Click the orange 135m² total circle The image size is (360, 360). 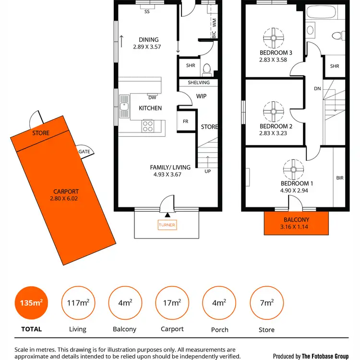coord(31,303)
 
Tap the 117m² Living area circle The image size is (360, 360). coord(77,303)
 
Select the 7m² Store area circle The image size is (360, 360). coord(267,303)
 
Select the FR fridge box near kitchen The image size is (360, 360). coord(185,121)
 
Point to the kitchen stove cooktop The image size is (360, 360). coord(148,126)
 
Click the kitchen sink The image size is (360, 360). coord(125,107)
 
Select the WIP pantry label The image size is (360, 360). coord(201,96)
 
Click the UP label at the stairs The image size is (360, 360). coord(208,171)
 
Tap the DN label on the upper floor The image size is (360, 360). coord(317,88)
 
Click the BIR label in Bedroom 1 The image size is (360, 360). coord(340,178)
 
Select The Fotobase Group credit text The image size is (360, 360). coord(317,356)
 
